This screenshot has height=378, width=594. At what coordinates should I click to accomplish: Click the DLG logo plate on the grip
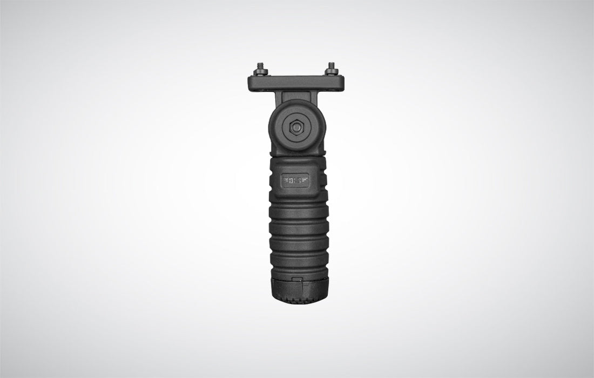pyautogui.click(x=296, y=180)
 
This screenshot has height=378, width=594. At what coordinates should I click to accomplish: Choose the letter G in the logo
pyautogui.click(x=301, y=180)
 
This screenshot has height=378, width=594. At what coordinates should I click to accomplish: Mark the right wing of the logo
pyautogui.click(x=307, y=180)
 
